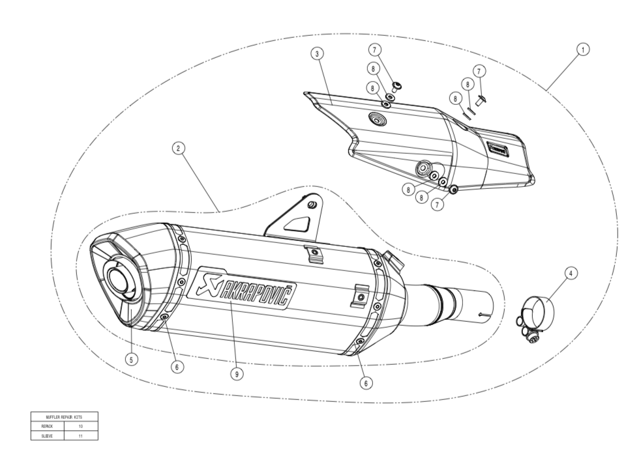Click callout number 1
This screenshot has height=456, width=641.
[x=583, y=48]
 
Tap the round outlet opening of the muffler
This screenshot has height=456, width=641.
[x=119, y=279]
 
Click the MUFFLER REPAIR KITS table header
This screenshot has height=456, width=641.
[x=63, y=416]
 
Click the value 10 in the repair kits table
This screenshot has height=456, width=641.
[x=80, y=425]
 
